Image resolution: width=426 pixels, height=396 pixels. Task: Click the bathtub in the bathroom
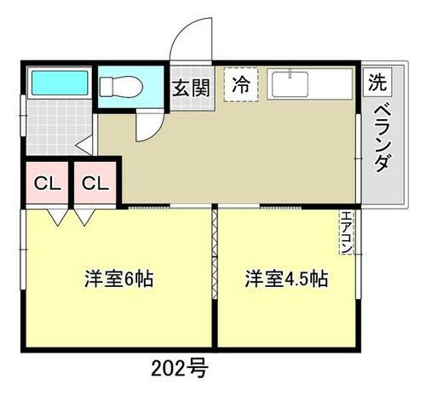pyautogui.click(x=56, y=84)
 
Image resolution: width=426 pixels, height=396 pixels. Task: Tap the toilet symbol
pyautogui.click(x=120, y=87)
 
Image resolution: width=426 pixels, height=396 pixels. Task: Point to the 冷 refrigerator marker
pyautogui.click(x=241, y=84)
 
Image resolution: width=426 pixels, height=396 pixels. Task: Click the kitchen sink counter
pyautogui.click(x=309, y=85)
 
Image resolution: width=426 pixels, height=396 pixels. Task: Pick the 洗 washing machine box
pyautogui.click(x=376, y=82)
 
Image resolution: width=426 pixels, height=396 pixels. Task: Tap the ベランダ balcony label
pyautogui.click(x=381, y=136)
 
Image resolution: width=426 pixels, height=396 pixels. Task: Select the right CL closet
pyautogui.click(x=95, y=183)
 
